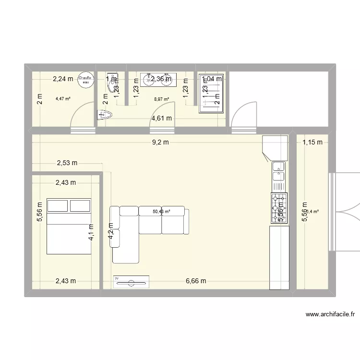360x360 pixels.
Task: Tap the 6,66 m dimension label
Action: click(x=195, y=281)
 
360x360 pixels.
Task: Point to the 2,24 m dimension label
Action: click(x=63, y=79)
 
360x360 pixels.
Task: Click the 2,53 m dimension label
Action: click(x=67, y=163)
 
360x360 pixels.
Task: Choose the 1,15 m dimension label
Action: click(x=312, y=142)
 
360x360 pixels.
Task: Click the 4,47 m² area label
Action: click(x=63, y=99)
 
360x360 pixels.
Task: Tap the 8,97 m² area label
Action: click(x=161, y=99)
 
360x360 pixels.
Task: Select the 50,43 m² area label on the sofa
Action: click(x=162, y=211)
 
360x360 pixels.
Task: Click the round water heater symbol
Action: click(x=85, y=79)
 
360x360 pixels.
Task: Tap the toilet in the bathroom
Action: click(x=105, y=115)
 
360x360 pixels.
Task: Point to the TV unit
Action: click(x=131, y=282)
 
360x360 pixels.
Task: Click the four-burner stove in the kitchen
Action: click(x=279, y=208)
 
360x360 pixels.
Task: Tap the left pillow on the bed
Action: click(x=57, y=205)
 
